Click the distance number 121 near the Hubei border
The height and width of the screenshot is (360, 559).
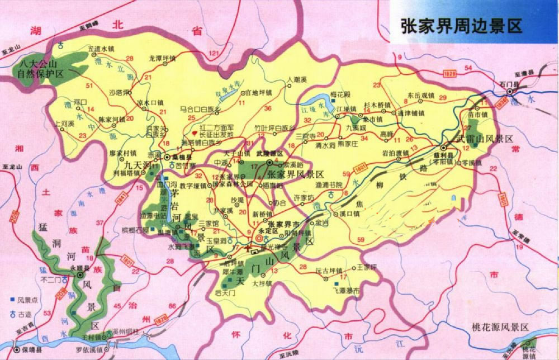[213, 53]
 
